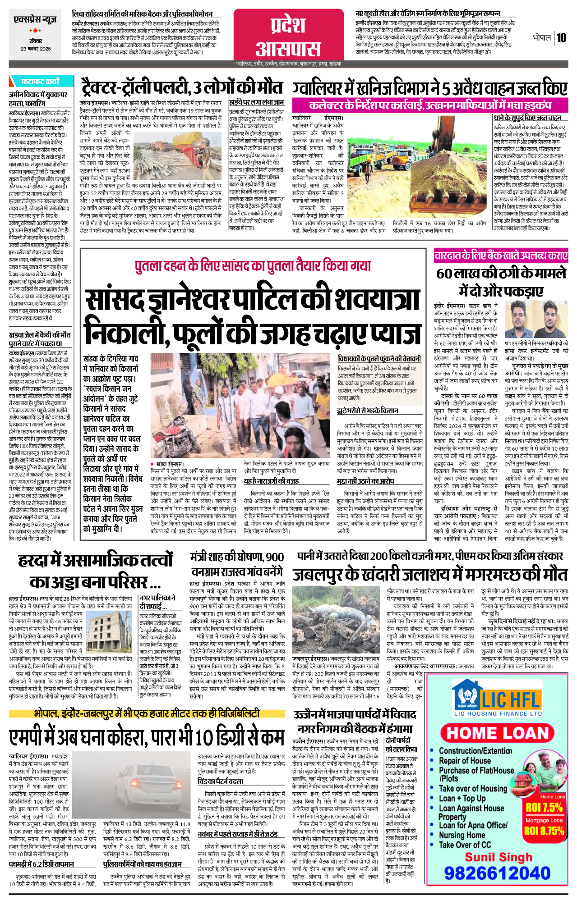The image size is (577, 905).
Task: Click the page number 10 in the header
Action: [561, 37]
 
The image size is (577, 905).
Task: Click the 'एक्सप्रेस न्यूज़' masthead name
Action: [35, 20]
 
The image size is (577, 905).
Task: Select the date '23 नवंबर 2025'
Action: [35, 49]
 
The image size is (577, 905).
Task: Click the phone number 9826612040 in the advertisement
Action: [497, 873]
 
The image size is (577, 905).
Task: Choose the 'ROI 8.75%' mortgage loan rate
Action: [544, 831]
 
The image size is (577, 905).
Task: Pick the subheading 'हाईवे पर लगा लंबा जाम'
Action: [256, 102]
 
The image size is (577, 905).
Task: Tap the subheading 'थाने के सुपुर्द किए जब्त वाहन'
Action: [527, 118]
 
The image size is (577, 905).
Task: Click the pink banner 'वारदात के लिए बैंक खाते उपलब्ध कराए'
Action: [501, 256]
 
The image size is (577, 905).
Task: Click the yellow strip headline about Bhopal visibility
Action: [147, 713]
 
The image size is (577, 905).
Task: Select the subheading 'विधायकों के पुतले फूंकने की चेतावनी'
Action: [379, 359]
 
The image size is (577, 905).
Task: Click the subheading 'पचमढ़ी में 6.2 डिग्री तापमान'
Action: [42, 864]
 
